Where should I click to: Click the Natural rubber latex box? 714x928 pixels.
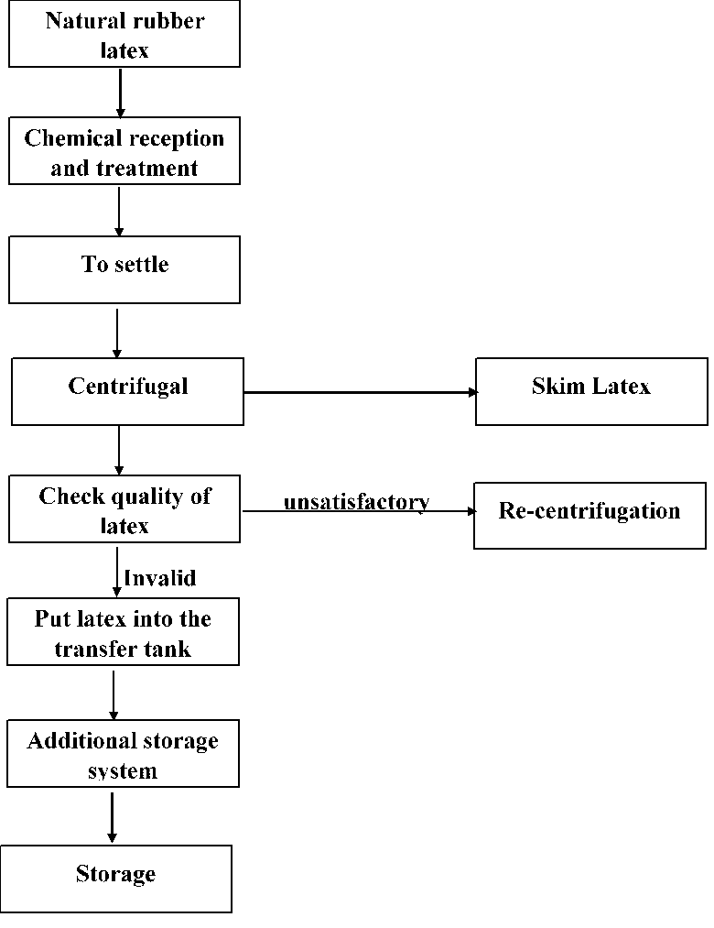pyautogui.click(x=124, y=35)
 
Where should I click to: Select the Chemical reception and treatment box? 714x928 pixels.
pyautogui.click(x=124, y=151)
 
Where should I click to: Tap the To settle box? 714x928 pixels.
pyautogui.click(x=124, y=269)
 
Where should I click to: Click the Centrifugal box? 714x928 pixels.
pyautogui.click(x=127, y=391)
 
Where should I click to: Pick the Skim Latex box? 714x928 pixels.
pyautogui.click(x=591, y=391)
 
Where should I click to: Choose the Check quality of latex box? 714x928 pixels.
pyautogui.click(x=124, y=508)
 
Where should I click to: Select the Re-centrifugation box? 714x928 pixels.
pyautogui.click(x=590, y=515)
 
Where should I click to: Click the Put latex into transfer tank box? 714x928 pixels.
pyautogui.click(x=123, y=631)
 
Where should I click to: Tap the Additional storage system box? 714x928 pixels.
pyautogui.click(x=123, y=753)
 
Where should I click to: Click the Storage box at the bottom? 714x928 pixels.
pyautogui.click(x=115, y=878)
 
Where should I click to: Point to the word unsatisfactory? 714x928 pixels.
pyautogui.click(x=356, y=501)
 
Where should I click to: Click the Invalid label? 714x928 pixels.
pyautogui.click(x=159, y=578)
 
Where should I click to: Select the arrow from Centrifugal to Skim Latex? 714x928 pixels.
pyautogui.click(x=360, y=392)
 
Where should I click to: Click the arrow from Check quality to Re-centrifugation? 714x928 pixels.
pyautogui.click(x=357, y=512)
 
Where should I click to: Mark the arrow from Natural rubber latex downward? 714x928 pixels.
pyautogui.click(x=120, y=92)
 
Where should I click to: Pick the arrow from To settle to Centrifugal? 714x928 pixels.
pyautogui.click(x=117, y=333)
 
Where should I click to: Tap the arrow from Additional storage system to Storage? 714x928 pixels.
pyautogui.click(x=113, y=816)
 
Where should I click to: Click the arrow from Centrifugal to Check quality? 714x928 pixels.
pyautogui.click(x=119, y=449)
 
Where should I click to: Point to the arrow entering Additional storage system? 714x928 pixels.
pyautogui.click(x=114, y=693)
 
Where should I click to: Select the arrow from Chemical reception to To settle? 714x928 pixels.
pyautogui.click(x=118, y=210)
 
